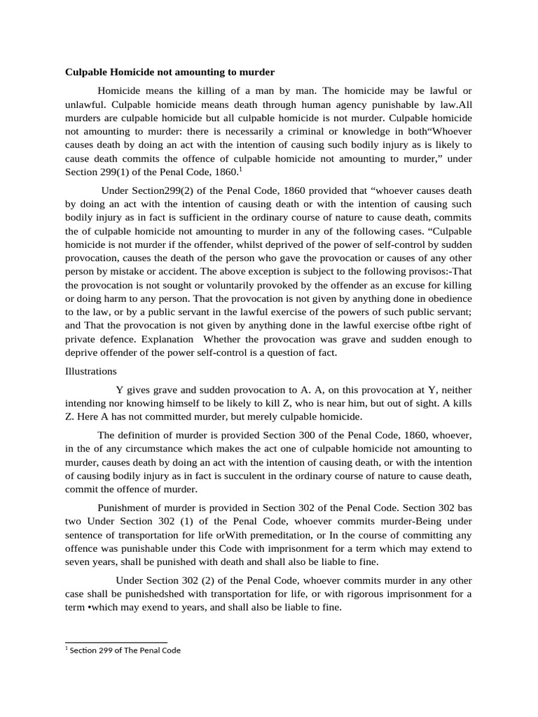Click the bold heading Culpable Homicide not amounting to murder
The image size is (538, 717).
tap(170, 72)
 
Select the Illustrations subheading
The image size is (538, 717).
tap(90, 371)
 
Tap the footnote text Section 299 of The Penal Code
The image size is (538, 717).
tap(125, 650)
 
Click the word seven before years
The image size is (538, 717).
tap(78, 562)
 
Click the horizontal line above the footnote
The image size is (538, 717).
tap(116, 642)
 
